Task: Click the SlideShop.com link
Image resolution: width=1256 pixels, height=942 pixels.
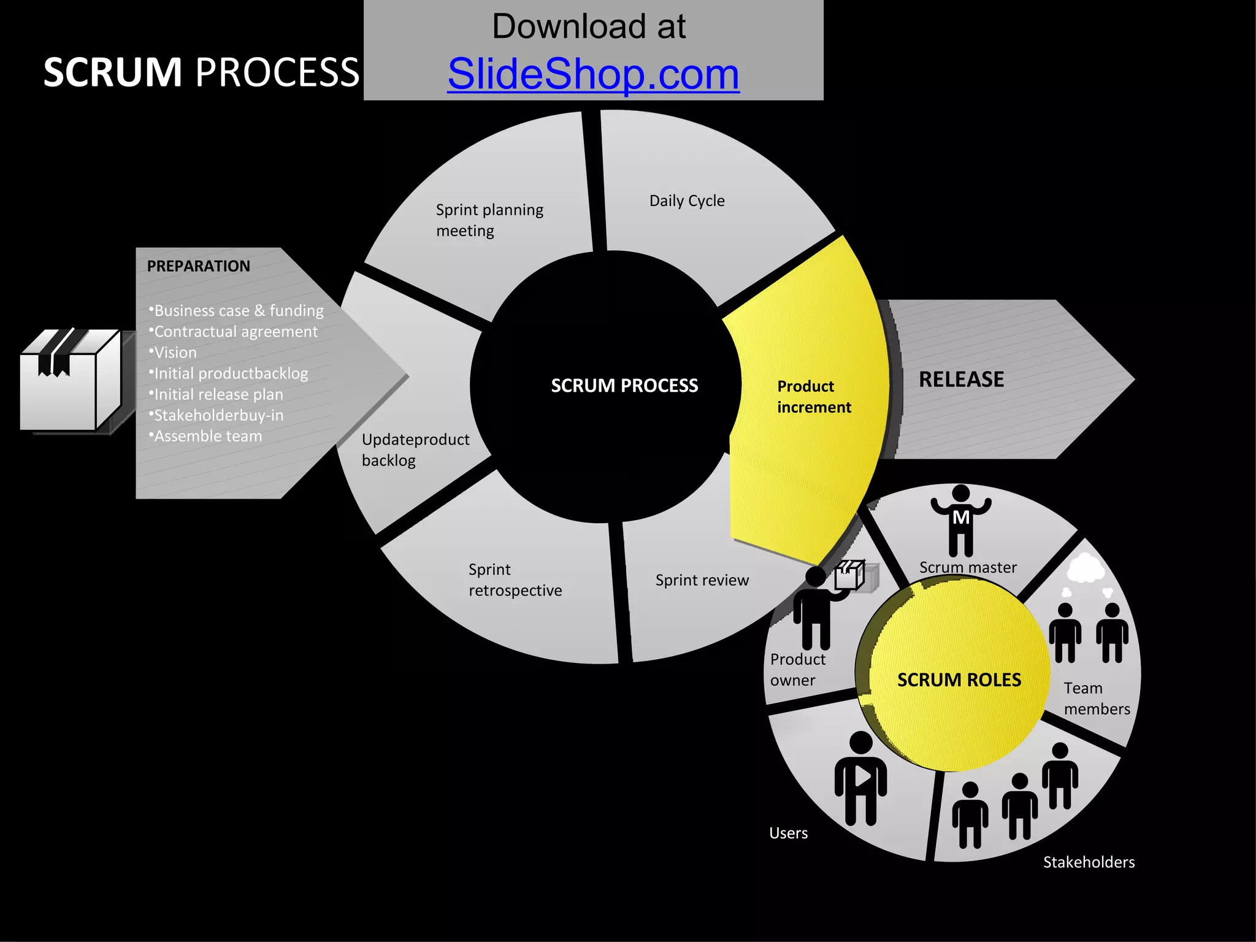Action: [593, 74]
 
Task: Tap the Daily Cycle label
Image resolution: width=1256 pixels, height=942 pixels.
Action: [687, 201]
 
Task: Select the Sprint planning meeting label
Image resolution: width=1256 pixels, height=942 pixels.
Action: [489, 220]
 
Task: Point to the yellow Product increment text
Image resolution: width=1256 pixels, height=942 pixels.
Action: [813, 397]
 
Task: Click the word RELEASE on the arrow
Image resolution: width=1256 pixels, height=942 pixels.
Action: [961, 380]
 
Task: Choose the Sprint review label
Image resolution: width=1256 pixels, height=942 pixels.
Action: [702, 580]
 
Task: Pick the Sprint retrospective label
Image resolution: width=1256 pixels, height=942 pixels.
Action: [515, 580]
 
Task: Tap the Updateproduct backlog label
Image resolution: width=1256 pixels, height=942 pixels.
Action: [415, 450]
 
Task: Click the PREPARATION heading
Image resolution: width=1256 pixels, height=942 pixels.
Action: [198, 266]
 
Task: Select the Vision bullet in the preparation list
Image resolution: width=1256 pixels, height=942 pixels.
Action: [175, 353]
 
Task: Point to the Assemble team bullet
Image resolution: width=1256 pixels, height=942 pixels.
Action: [207, 436]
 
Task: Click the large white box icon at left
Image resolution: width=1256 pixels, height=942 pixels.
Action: [69, 380]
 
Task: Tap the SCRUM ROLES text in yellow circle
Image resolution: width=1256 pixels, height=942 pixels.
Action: [959, 680]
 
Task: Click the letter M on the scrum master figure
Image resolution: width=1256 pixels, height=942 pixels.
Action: [961, 518]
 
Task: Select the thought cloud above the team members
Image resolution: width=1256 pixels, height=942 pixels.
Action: [1086, 568]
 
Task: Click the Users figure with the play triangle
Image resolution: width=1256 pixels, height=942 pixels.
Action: [860, 779]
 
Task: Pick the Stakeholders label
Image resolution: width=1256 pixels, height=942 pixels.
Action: [1089, 862]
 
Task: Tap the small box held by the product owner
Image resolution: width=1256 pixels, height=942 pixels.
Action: [850, 575]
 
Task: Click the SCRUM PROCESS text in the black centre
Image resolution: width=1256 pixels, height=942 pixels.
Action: [624, 386]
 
